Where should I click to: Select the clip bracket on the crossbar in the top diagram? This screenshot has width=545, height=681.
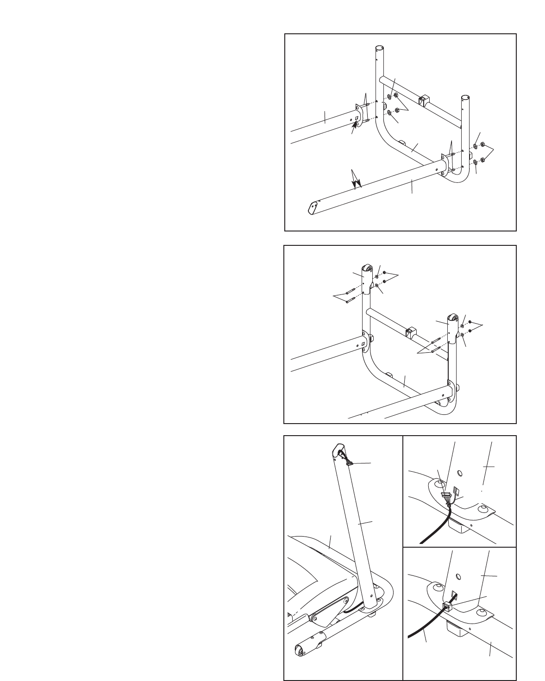coord(424,100)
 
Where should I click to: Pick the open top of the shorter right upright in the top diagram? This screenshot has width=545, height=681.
coord(465,98)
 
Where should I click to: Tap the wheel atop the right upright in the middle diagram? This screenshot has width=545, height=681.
coord(451,319)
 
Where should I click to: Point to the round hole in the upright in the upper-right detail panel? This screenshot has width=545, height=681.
coord(460,473)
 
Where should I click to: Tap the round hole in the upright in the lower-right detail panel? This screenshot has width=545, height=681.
coord(458,576)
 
